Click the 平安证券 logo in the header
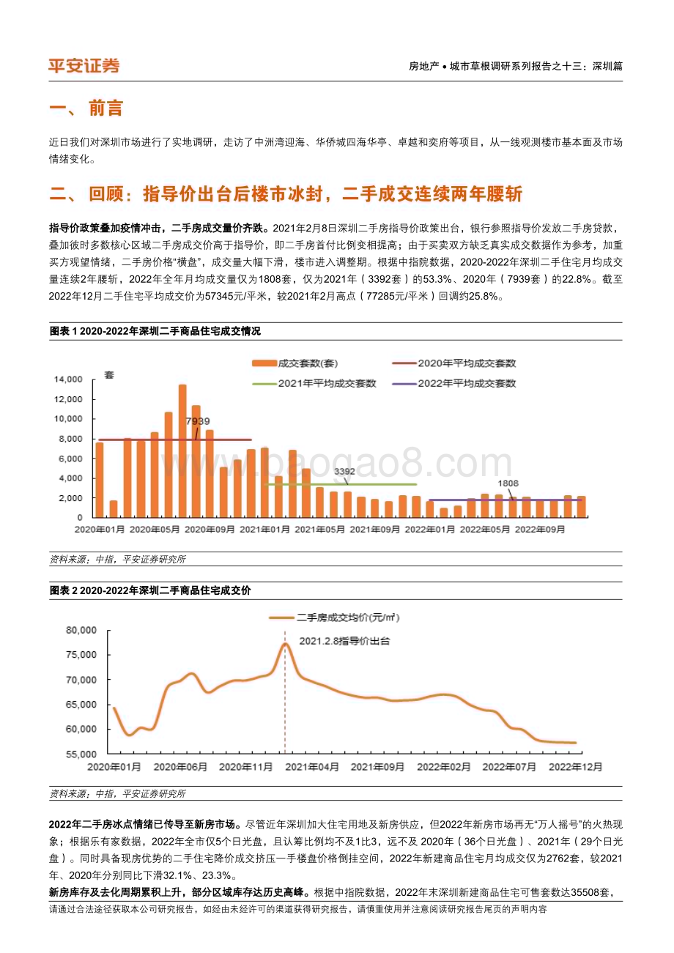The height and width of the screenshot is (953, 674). [x=84, y=66]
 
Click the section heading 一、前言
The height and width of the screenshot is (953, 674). [x=86, y=109]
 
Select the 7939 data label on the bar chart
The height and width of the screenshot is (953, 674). [x=198, y=420]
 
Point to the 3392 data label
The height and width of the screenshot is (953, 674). [x=345, y=472]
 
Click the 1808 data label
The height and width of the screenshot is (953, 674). [x=508, y=483]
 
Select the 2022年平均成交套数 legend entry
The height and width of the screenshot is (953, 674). [x=454, y=382]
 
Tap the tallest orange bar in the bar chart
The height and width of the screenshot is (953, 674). [x=182, y=450]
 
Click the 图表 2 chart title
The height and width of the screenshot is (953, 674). [x=149, y=590]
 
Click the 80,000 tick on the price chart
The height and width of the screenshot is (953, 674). [x=81, y=630]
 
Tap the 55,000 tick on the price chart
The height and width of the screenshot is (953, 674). [x=81, y=754]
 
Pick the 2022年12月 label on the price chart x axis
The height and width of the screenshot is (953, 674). [x=576, y=767]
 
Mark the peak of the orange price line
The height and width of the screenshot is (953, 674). [x=285, y=644]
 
